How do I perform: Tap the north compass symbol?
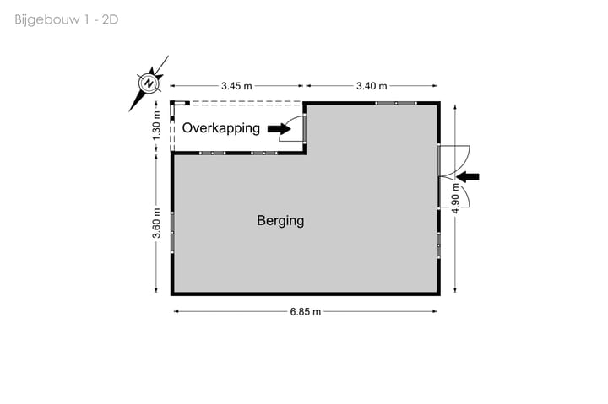point(148,83)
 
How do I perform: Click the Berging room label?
point(280,222)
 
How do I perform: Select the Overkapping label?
point(221,128)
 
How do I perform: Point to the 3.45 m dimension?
point(236,86)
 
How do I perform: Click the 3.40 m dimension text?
point(372,86)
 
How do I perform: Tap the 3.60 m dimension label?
point(157,224)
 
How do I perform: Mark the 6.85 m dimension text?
point(306,311)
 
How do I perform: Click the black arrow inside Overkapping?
point(276,128)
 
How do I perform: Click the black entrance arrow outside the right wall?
point(468,176)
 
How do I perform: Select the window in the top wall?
point(395,103)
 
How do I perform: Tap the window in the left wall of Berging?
point(172,231)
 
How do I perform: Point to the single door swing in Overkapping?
point(297,128)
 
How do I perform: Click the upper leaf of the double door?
point(454,158)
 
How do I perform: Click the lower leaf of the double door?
point(454,194)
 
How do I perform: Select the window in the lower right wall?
point(439,245)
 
